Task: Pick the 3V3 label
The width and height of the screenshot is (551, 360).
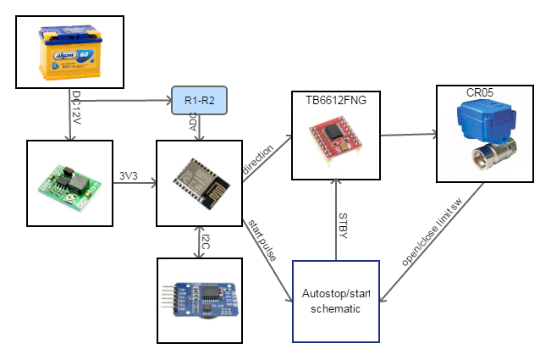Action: tap(131, 177)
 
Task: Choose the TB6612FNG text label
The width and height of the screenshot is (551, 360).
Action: tap(336, 99)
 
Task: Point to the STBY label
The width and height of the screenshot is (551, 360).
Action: tap(343, 224)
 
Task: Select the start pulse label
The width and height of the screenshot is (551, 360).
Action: tap(259, 239)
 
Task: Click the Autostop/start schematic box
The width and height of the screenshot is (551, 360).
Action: tap(336, 301)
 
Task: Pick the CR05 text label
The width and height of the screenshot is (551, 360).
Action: tap(481, 91)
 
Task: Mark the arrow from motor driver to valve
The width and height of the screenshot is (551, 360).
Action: tap(408, 134)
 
